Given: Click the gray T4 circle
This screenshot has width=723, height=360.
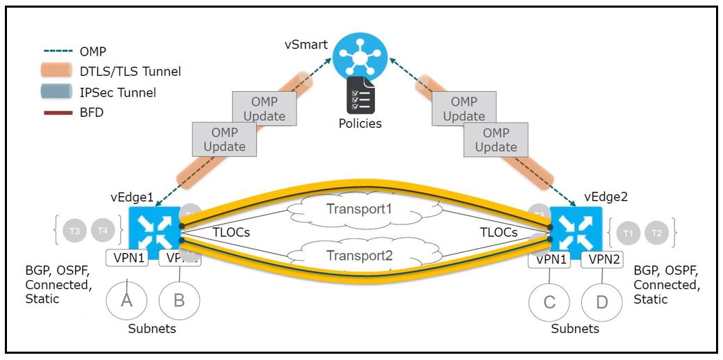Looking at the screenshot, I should (103, 229).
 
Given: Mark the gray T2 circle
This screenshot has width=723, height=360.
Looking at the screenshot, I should (655, 233).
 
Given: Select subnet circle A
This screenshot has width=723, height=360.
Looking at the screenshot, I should (126, 300).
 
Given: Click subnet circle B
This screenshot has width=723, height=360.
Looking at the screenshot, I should (179, 300).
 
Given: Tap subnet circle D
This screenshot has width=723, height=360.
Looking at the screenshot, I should (601, 302).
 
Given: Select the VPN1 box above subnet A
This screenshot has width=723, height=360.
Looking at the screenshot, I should (127, 259).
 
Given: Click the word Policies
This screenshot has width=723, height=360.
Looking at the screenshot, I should (360, 124).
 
